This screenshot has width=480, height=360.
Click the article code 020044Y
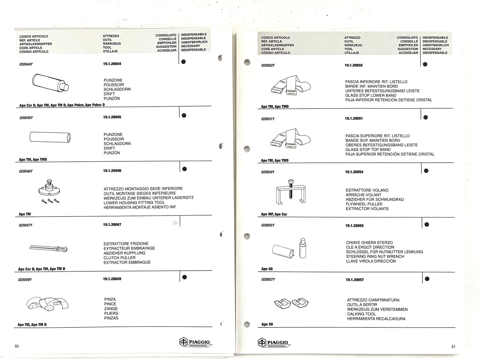point(26,64)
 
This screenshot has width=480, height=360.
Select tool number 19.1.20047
point(112,225)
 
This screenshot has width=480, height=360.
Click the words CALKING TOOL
point(361,314)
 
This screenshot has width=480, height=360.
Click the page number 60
point(17,346)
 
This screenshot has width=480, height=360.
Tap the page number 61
point(453,347)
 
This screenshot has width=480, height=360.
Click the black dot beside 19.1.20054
point(426,171)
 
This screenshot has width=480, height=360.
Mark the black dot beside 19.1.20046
point(184,169)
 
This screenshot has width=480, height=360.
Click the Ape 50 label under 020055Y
point(267,269)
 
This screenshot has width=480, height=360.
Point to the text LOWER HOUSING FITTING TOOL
point(134,203)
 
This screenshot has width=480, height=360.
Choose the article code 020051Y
point(268,119)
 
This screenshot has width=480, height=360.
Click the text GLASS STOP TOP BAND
point(368,149)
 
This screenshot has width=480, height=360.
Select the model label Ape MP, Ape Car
point(274,214)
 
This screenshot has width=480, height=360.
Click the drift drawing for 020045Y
point(50,137)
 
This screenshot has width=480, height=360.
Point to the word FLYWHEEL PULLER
point(364,204)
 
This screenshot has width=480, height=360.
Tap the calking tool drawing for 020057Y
point(291,303)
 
